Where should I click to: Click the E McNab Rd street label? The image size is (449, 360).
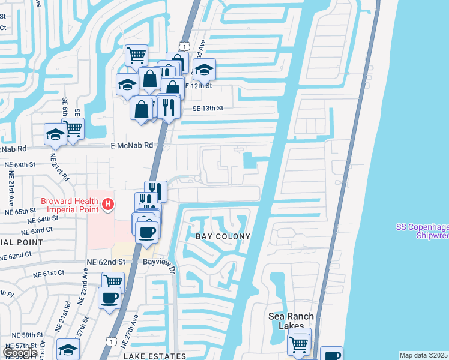pos(131,145)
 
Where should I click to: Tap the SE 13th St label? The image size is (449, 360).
pos(208,109)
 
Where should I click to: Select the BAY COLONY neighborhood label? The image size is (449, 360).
pos(223,236)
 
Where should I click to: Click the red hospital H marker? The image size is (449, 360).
pos(108,205)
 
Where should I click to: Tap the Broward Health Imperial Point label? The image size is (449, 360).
pos(70,205)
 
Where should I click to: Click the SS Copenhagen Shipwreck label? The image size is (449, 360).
pos(423,231)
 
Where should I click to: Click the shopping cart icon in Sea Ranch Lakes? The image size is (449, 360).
pos(298,344)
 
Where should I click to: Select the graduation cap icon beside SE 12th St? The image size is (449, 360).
pos(204,70)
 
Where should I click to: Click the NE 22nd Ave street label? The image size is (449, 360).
pos(85,281)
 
